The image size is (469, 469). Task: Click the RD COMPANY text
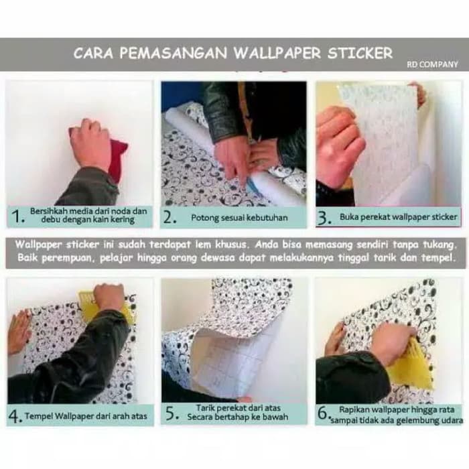pyautogui.click(x=432, y=64)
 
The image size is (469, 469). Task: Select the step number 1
pyautogui.click(x=17, y=216)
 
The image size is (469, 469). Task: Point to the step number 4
pyautogui.click(x=15, y=416)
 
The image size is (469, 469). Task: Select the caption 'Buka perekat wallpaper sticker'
pyautogui.click(x=398, y=217)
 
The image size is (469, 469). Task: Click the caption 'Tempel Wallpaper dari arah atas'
pyautogui.click(x=86, y=417)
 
